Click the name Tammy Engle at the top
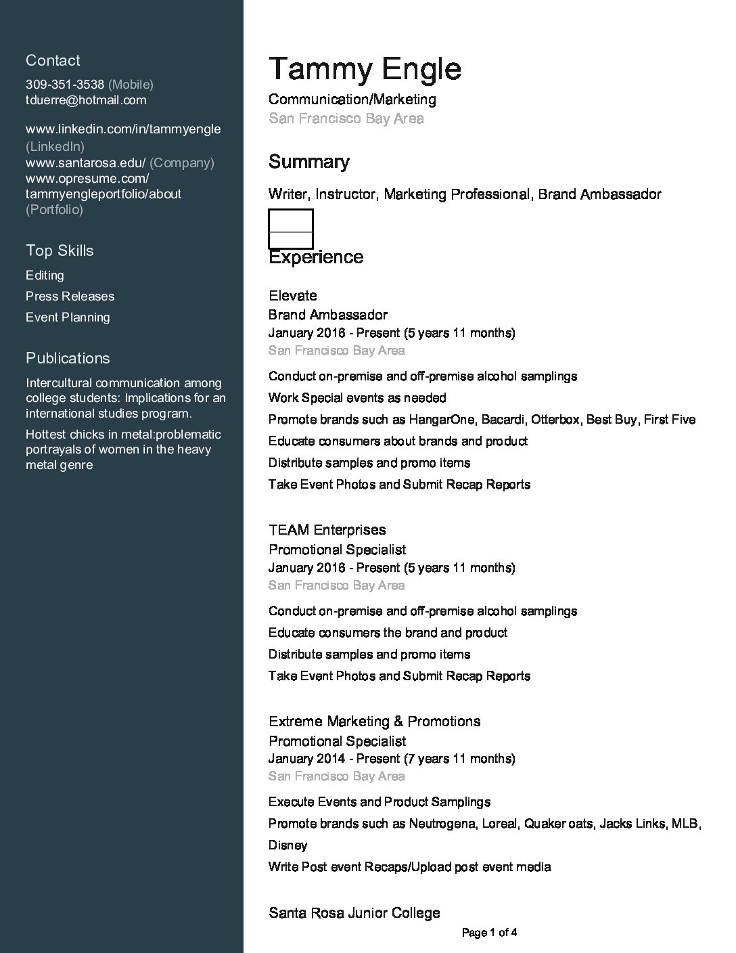tap(365, 69)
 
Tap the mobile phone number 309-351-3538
tap(65, 85)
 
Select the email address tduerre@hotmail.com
tap(86, 100)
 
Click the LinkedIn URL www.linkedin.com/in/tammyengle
tap(123, 129)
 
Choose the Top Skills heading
tap(60, 250)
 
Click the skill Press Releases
tap(70, 296)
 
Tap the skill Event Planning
tap(68, 317)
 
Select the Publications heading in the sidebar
tap(68, 358)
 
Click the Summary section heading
tap(309, 162)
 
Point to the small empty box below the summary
tap(291, 228)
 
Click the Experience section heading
tap(316, 257)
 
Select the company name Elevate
tap(293, 296)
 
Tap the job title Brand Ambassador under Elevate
tap(328, 315)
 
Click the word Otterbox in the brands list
tap(555, 420)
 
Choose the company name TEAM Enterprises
tap(327, 530)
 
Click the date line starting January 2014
tap(392, 759)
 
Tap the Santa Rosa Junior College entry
tap(354, 913)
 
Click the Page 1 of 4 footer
tap(490, 933)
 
